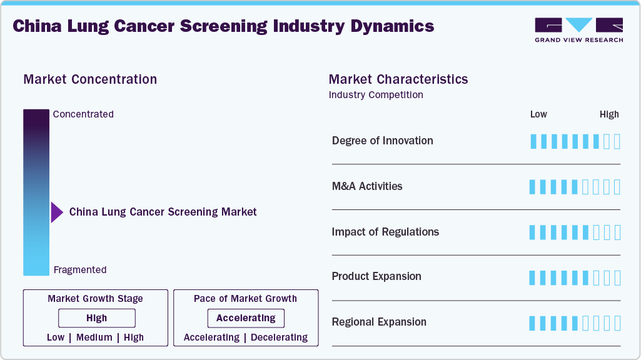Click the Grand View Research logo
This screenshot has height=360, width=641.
click(578, 29)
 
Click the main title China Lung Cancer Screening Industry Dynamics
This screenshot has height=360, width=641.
click(223, 26)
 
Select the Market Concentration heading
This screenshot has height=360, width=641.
click(90, 79)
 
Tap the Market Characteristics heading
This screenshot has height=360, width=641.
click(398, 79)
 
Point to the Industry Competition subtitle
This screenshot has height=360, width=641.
click(375, 95)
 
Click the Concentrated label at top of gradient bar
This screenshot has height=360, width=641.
click(83, 114)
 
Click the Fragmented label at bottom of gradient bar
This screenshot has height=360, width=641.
click(80, 270)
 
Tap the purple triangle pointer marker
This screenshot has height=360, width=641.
click(56, 212)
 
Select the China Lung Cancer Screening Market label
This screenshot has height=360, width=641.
click(163, 212)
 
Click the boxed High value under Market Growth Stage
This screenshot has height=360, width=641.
click(96, 318)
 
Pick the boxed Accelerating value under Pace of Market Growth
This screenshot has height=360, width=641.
click(246, 318)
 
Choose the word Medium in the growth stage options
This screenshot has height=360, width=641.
click(94, 337)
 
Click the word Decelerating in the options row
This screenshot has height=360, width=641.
click(279, 337)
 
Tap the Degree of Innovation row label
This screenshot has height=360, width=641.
click(382, 141)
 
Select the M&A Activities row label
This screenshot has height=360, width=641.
click(367, 186)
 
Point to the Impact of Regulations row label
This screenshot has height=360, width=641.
click(385, 232)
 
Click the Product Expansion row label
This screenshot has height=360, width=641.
click(376, 276)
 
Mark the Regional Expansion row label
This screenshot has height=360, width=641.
click(379, 322)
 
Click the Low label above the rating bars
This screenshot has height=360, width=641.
click(538, 114)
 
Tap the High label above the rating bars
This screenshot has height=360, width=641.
click(609, 114)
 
